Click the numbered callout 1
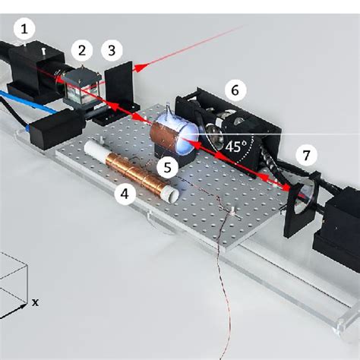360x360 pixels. pos(24,29)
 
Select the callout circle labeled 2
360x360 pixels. pos(82,50)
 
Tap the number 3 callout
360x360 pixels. pos(112,50)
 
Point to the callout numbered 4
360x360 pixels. pos(125,194)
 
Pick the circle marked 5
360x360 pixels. pos(167,167)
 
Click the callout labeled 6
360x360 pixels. pos(235,90)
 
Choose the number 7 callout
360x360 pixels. pos(306,155)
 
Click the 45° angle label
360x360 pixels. pos(235,147)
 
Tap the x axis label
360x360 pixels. pos(35,302)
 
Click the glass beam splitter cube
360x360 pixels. pos(81,87)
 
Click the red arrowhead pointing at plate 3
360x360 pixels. pos(140,68)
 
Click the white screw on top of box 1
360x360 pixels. pos(43,52)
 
